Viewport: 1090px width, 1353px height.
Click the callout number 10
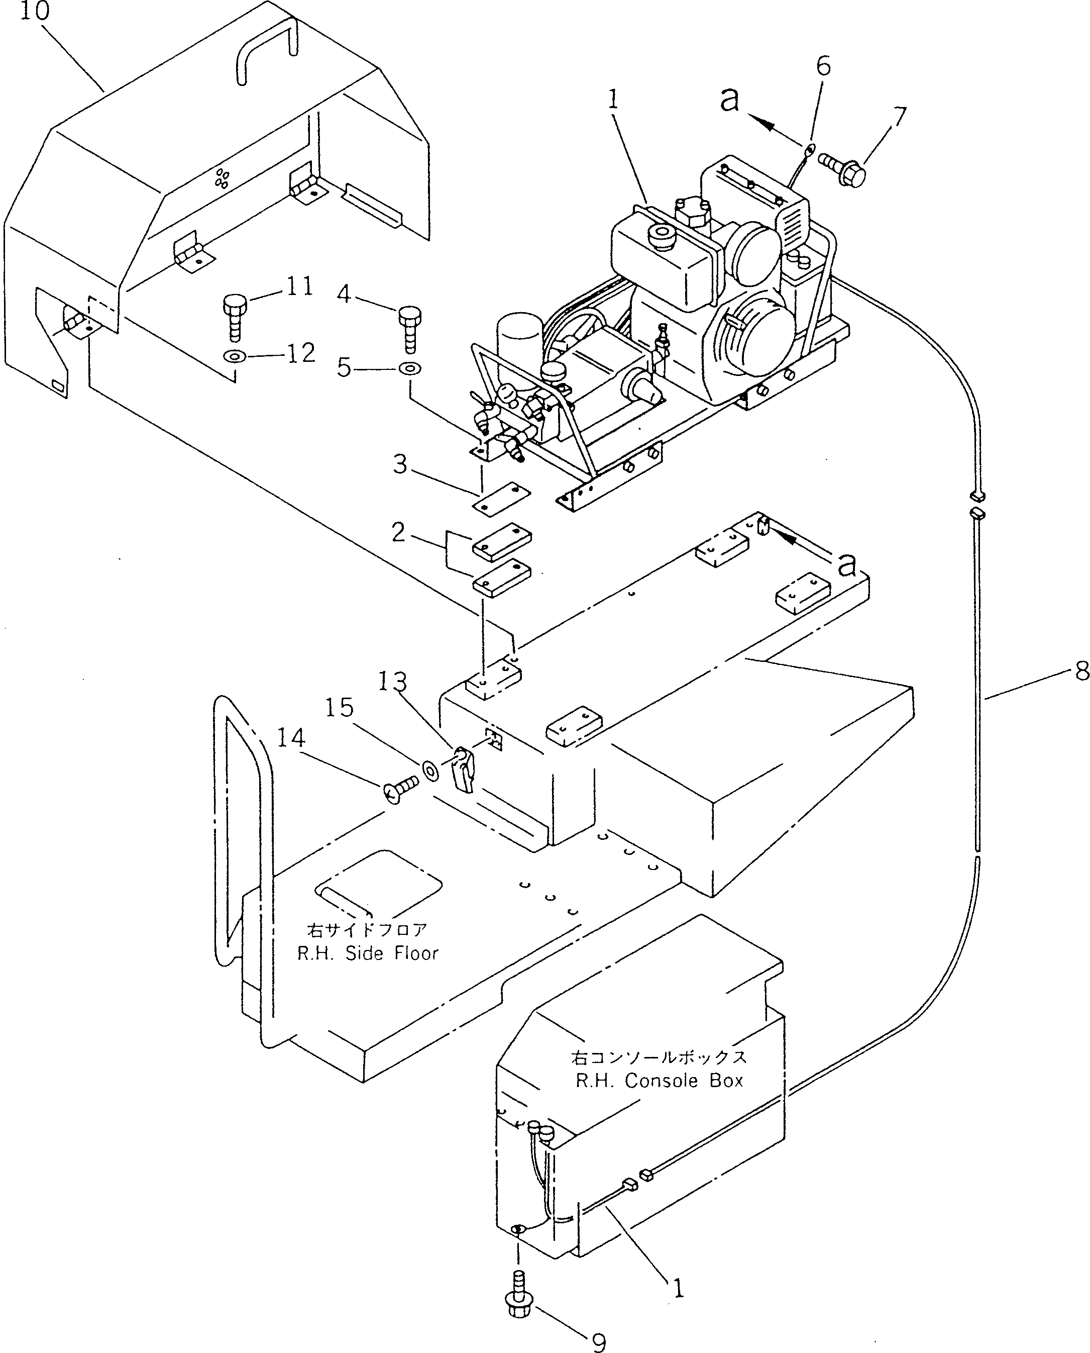35,11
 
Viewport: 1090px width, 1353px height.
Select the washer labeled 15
431,770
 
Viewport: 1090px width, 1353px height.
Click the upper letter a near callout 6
729,99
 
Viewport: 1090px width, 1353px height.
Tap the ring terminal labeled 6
809,149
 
